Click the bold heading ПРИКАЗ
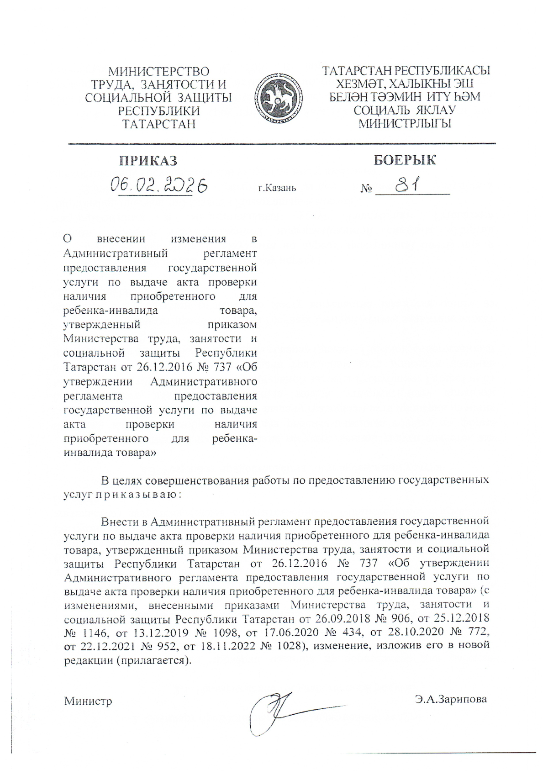click(x=148, y=161)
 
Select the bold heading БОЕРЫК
click(x=405, y=160)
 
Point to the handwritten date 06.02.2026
click(x=158, y=185)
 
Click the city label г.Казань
click(x=277, y=188)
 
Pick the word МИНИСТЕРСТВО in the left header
click(x=158, y=72)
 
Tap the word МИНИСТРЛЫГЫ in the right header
click(x=405, y=123)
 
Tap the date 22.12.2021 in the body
click(x=105, y=646)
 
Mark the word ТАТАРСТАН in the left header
click(x=159, y=124)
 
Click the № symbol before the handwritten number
click(x=366, y=189)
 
